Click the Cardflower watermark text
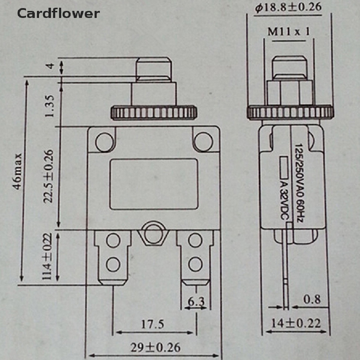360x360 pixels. (58, 13)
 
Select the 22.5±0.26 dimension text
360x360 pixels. (48, 176)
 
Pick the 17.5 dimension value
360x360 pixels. (152, 324)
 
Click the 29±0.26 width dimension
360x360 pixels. (155, 348)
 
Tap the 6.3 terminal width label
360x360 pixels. (196, 301)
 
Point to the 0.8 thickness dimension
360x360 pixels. (312, 299)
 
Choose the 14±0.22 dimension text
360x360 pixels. (296, 323)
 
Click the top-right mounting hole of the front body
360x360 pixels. (202, 141)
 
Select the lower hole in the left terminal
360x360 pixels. (113, 264)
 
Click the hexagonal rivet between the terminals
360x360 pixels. (153, 233)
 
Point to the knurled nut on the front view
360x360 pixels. (154, 112)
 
